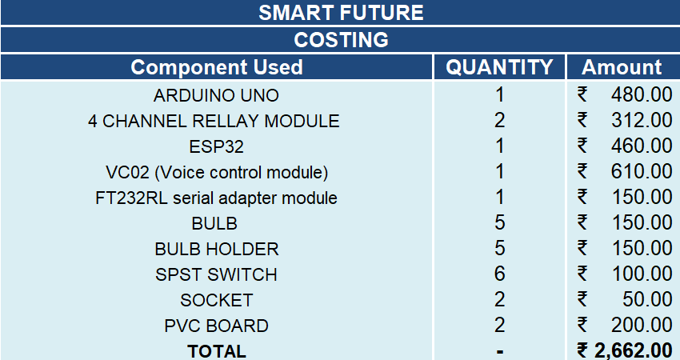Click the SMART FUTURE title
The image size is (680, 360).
click(341, 13)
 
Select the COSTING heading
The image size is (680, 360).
click(341, 40)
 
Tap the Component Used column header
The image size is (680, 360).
click(217, 67)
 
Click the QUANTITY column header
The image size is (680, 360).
click(499, 67)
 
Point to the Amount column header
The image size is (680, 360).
click(622, 67)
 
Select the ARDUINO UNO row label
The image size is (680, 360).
click(216, 95)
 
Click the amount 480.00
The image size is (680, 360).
click(642, 94)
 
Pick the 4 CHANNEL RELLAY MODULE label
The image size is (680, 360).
click(214, 121)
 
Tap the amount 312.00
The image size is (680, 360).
click(642, 120)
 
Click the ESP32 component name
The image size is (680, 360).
click(217, 146)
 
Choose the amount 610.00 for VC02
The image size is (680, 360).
click(642, 171)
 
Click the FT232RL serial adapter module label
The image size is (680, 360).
click(216, 198)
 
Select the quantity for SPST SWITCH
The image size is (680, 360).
click(499, 274)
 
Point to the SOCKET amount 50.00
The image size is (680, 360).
click(647, 299)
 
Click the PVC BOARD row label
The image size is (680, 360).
click(217, 326)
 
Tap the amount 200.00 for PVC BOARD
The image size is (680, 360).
click(642, 325)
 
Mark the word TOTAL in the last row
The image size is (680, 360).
click(217, 351)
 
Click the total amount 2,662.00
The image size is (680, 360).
click(634, 350)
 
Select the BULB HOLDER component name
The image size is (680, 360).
click(217, 249)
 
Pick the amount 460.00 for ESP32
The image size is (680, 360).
click(642, 146)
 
